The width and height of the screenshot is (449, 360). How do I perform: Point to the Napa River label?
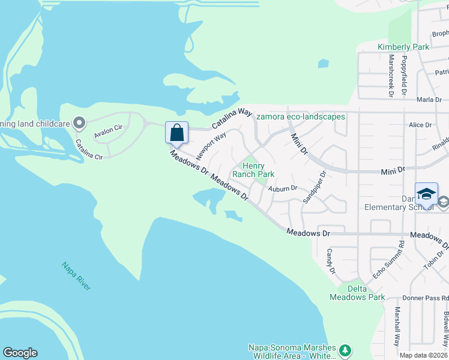tap(77, 277)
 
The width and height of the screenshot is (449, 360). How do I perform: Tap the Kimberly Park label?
tap(403, 47)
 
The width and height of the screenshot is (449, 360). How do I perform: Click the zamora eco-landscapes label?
tap(301, 116)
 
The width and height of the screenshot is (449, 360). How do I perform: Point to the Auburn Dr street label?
tap(283, 188)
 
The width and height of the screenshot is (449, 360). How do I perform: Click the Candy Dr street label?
tap(331, 262)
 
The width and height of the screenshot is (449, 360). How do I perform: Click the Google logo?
tap(20, 353)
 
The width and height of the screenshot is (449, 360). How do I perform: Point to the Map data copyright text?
tap(423, 355)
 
